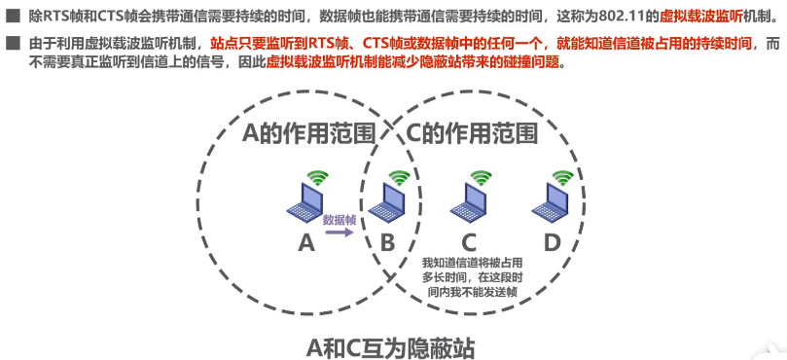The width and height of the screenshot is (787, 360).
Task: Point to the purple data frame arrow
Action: pyautogui.click(x=340, y=234)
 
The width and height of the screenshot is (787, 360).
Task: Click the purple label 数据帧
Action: pyautogui.click(x=340, y=220)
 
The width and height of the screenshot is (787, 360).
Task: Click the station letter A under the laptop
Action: pyautogui.click(x=306, y=243)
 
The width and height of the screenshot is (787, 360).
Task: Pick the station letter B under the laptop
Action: pyautogui.click(x=386, y=243)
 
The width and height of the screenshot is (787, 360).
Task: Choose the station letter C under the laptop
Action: pyautogui.click(x=469, y=243)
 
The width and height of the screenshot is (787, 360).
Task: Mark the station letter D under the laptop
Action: pyautogui.click(x=552, y=243)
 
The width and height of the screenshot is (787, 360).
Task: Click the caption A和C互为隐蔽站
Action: pyautogui.click(x=391, y=344)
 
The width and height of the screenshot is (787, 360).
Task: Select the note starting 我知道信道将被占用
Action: pyautogui.click(x=471, y=276)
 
